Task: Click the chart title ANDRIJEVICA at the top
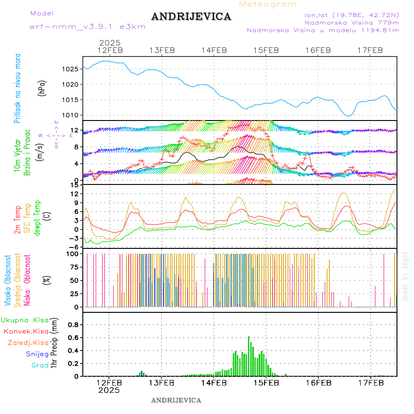[x=191, y=17]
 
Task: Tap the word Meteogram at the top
[x=268, y=4]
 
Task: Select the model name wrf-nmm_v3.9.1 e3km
[x=87, y=27]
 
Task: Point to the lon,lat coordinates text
[x=348, y=15]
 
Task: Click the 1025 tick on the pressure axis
[x=70, y=69]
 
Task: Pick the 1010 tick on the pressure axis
[x=70, y=115]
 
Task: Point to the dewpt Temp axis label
[x=38, y=217]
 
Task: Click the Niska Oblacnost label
[x=28, y=281]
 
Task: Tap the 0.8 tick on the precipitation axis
[x=73, y=325]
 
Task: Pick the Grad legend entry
[x=40, y=366]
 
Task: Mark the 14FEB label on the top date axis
[x=214, y=50]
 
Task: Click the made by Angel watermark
[x=405, y=276]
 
